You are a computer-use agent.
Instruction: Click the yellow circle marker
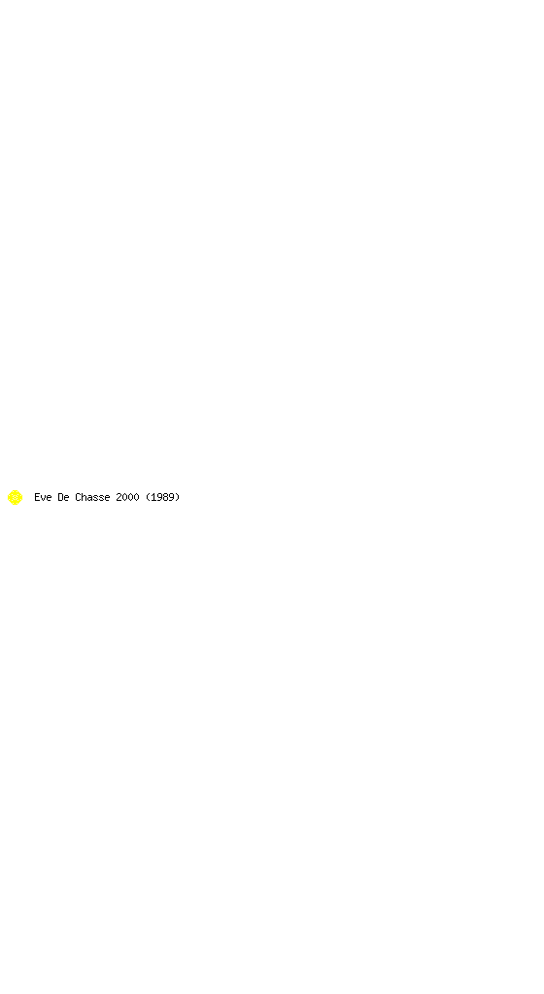tap(16, 498)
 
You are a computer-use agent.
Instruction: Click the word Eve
tap(43, 497)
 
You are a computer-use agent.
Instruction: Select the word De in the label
tap(63, 497)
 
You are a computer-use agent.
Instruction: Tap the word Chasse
tap(92, 497)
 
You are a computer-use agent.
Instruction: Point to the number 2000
tap(127, 497)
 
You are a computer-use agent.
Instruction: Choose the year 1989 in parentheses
tap(163, 497)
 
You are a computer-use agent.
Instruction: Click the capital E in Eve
tap(38, 497)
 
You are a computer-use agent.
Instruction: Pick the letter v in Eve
tap(43, 498)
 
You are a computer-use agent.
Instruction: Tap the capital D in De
tap(60, 497)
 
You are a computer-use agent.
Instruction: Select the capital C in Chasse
tap(78, 497)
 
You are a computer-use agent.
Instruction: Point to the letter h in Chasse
tap(84, 497)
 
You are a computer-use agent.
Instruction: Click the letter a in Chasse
tap(89, 498)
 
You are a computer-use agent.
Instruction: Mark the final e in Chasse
tap(107, 498)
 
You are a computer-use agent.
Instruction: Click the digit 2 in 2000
tap(119, 497)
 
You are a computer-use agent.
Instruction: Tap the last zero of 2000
tap(136, 497)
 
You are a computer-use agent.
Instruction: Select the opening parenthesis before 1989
tap(148, 497)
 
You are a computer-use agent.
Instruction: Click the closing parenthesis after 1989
tap(178, 497)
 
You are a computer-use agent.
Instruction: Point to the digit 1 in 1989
tap(153, 497)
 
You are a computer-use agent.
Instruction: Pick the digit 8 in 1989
tap(165, 497)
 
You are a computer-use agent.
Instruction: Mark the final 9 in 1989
tap(171, 497)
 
